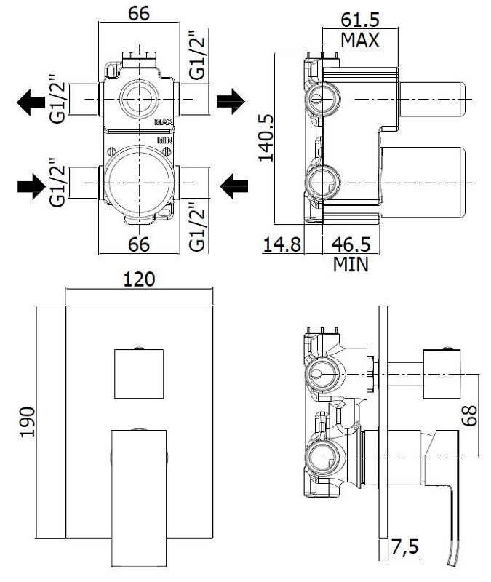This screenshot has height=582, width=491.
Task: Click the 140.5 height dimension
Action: pos(266,137)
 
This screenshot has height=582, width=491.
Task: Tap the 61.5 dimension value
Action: pos(360,20)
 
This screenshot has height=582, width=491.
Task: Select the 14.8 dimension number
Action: pos(282,244)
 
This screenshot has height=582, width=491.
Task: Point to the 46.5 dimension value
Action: pos(351,244)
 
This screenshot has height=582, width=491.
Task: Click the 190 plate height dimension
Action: pos(28,422)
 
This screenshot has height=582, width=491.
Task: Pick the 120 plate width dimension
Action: pos(139,279)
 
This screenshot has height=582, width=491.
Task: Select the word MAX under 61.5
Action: pos(360,40)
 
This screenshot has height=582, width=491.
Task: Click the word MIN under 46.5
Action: pos(351,264)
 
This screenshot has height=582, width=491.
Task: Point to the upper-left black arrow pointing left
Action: pos(31,101)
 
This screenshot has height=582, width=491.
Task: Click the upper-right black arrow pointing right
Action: pos(231,101)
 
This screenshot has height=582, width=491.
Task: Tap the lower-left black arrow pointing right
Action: pos(31,186)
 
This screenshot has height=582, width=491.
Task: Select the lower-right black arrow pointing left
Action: pos(233,186)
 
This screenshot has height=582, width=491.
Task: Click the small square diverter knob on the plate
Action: pos(139,374)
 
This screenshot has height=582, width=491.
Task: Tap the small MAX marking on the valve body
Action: pos(164,121)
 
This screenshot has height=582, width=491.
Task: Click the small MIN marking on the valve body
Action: pos(165,140)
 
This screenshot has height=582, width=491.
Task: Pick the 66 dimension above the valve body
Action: pos(139,13)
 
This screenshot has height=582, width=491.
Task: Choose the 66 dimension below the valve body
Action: pos(139,244)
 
